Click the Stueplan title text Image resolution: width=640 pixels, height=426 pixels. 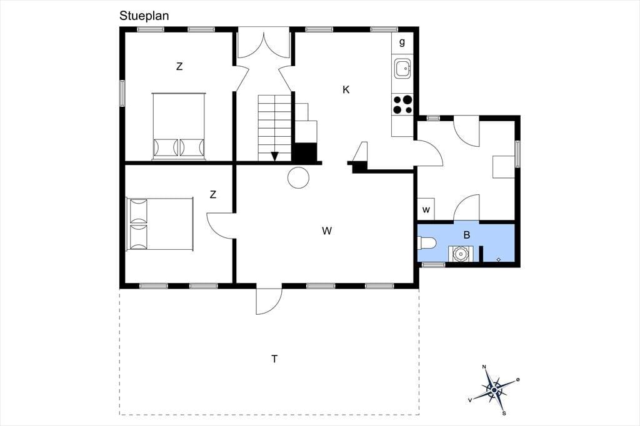click(x=144, y=16)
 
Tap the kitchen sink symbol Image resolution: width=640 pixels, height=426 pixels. click(x=402, y=69)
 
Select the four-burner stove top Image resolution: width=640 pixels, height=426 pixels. click(x=402, y=104)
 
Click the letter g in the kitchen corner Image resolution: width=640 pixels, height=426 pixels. click(x=402, y=42)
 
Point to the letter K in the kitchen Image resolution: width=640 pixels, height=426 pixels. click(x=346, y=90)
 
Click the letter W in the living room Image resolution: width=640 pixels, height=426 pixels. click(x=327, y=231)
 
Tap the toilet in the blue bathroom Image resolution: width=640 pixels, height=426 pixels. click(x=426, y=243)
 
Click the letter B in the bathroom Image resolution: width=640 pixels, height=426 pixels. click(x=467, y=235)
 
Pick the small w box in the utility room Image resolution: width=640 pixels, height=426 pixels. click(x=426, y=210)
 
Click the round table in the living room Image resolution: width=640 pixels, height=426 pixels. click(x=298, y=177)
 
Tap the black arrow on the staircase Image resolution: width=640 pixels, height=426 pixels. click(x=275, y=156)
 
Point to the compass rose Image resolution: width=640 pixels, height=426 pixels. click(x=495, y=390)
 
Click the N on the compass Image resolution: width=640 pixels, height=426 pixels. click(x=484, y=367)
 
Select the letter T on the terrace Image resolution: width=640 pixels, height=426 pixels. click(x=275, y=359)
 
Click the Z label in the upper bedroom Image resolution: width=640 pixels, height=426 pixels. click(x=179, y=66)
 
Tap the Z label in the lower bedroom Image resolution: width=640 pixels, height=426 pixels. click(x=212, y=195)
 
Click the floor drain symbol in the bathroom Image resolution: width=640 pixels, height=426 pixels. click(x=498, y=259)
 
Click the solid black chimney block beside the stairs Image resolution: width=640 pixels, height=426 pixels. click(x=305, y=152)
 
